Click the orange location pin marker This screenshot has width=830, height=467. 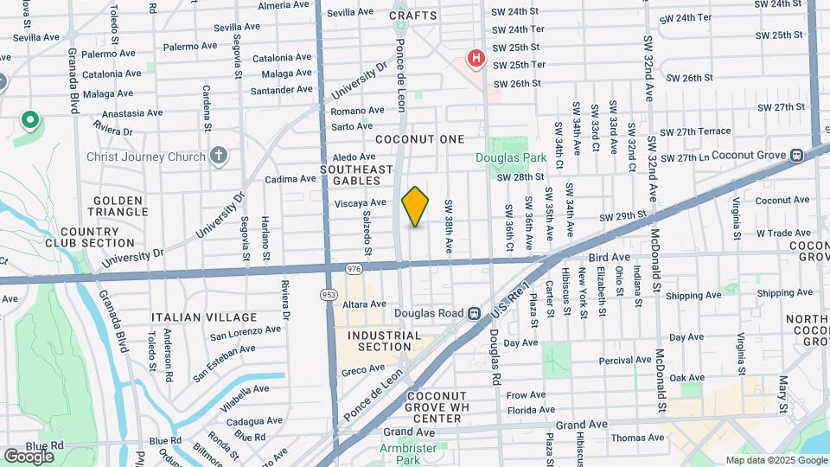(415, 206)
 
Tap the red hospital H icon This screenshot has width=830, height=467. (476, 59)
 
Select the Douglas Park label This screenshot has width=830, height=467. (511, 158)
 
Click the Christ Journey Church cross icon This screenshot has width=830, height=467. (220, 157)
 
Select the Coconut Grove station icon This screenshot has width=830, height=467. (796, 156)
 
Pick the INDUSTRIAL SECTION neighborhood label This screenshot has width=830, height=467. (384, 341)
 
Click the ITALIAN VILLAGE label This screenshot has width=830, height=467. (204, 317)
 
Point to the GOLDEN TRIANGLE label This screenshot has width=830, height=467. (118, 206)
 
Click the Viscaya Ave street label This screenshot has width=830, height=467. (360, 202)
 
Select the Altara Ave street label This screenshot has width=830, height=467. (365, 304)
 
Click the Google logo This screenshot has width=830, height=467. (28, 456)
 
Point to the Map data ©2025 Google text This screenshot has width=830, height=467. (776, 461)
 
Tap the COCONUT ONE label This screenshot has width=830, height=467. (419, 139)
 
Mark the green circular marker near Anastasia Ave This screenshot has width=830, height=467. (29, 120)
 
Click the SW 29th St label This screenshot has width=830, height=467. (622, 215)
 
